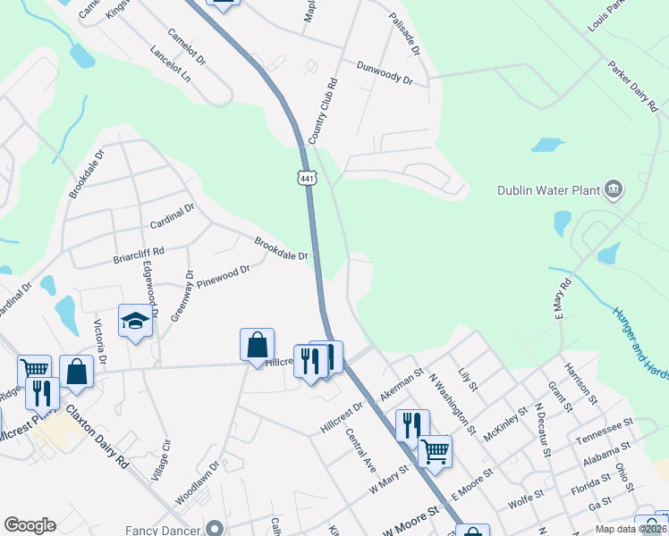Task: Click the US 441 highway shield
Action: [x=308, y=178]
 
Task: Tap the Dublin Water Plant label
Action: [x=549, y=189]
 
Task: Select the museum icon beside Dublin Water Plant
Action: [x=614, y=188]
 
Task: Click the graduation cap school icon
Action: [x=135, y=320]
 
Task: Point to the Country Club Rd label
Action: [x=322, y=112]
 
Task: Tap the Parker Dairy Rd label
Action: [x=632, y=86]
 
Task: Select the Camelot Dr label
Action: [x=187, y=48]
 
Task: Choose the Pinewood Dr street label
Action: [x=224, y=273]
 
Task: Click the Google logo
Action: [x=30, y=525]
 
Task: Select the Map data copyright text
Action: [x=630, y=529]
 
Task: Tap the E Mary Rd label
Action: [x=561, y=305]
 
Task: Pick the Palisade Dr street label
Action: [x=404, y=35]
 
